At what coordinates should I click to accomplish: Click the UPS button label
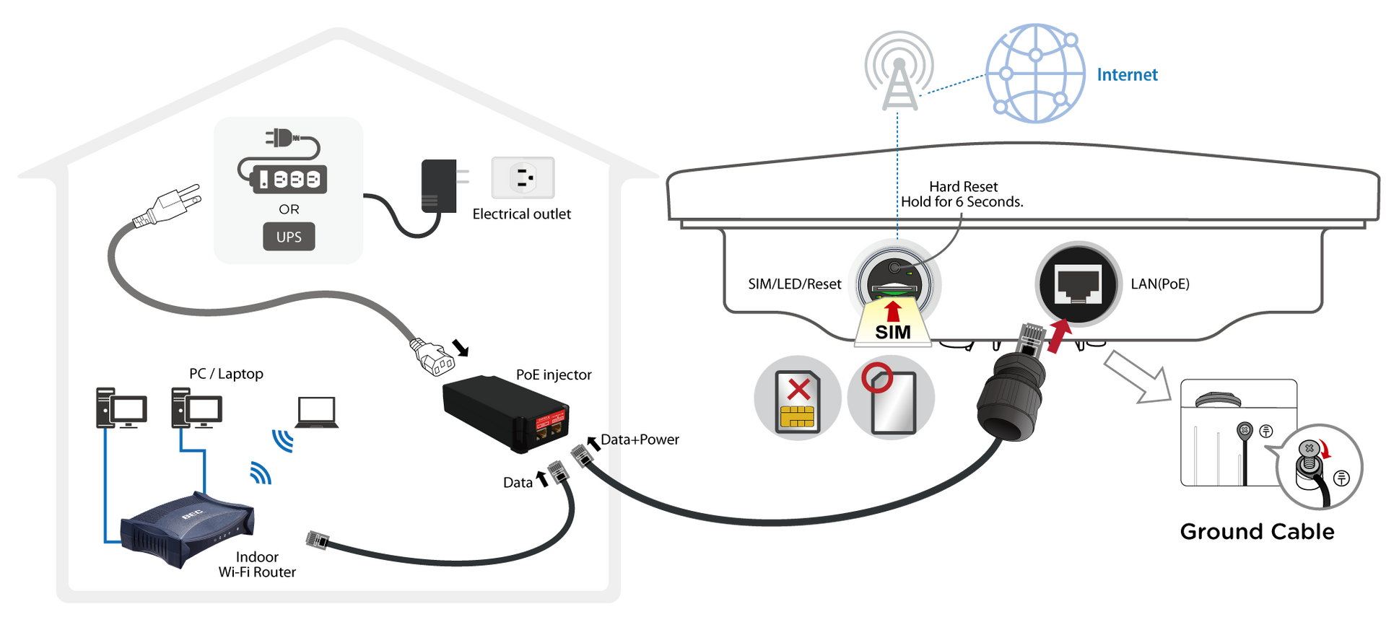pyautogui.click(x=289, y=237)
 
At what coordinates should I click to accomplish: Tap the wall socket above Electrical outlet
pyautogui.click(x=523, y=178)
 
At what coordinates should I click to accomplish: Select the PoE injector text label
pyautogui.click(x=554, y=375)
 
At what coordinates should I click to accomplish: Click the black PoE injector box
pyautogui.click(x=505, y=414)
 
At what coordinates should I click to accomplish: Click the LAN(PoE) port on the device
pyautogui.click(x=1078, y=284)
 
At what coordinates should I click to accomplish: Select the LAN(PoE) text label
pyautogui.click(x=1160, y=284)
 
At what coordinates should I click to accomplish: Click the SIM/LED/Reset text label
pyautogui.click(x=795, y=284)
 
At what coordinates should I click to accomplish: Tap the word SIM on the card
pyautogui.click(x=893, y=333)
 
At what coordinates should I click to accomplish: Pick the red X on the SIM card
pyautogui.click(x=798, y=390)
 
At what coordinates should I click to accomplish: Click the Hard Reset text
pyautogui.click(x=963, y=187)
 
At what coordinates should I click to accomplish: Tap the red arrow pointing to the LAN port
pyautogui.click(x=1058, y=338)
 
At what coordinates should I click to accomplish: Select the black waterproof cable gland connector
pyautogui.click(x=1011, y=397)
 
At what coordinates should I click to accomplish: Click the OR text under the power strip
pyautogui.click(x=289, y=209)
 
